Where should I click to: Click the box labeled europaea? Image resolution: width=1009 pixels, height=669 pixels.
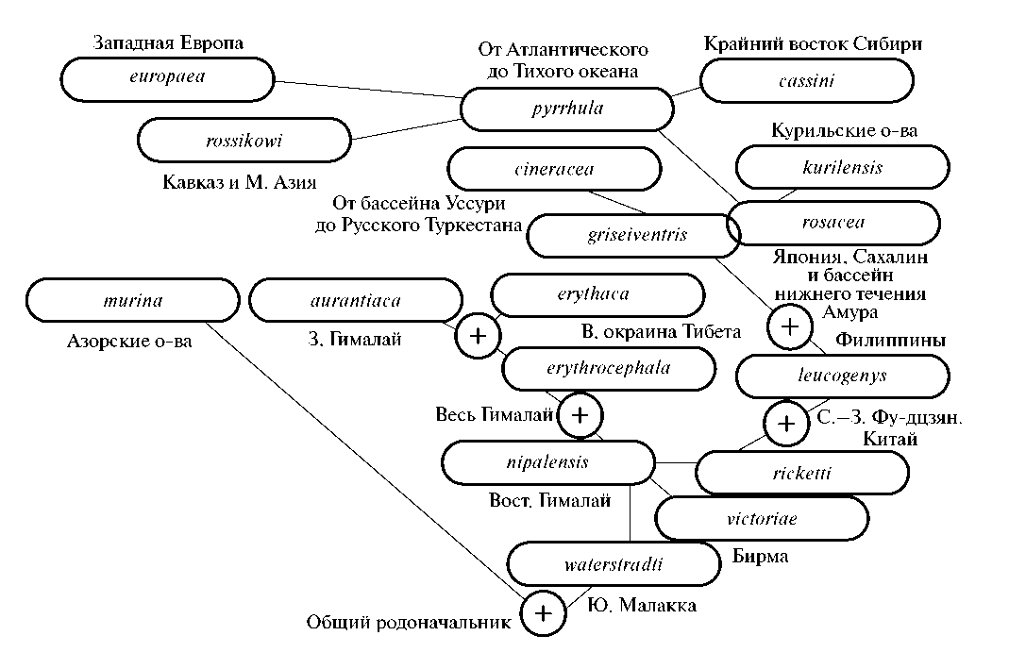[167, 78]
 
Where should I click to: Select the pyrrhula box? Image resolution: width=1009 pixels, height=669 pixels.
[566, 109]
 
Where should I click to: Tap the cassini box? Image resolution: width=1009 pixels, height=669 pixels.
[806, 81]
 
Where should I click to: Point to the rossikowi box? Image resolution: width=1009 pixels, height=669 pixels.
[244, 141]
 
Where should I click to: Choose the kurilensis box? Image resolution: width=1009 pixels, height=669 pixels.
[842, 168]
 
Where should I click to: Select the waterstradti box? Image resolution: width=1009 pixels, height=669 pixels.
[613, 565]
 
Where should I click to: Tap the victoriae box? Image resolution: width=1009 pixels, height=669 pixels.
[761, 518]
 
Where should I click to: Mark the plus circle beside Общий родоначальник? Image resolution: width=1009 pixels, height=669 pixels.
[544, 613]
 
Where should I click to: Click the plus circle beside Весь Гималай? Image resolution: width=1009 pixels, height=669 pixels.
[580, 415]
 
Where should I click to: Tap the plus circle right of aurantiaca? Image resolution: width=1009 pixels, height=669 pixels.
[479, 337]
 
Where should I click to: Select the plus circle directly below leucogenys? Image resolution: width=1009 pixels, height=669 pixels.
[786, 424]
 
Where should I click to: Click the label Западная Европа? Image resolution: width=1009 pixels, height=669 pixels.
[168, 43]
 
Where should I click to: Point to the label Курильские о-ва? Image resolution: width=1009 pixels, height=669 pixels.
[844, 131]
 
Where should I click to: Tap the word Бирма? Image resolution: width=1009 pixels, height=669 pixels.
[760, 557]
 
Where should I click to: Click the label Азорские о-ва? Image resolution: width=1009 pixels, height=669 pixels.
[131, 341]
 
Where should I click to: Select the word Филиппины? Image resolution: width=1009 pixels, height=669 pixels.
[890, 340]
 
